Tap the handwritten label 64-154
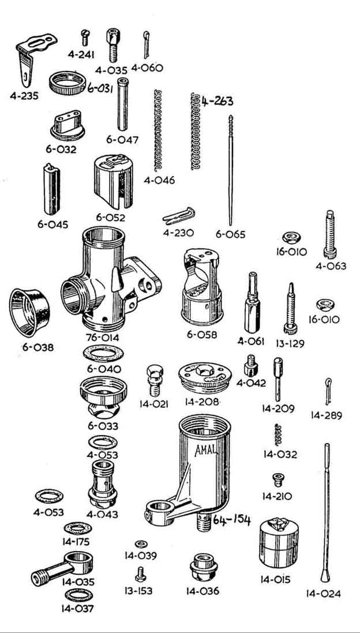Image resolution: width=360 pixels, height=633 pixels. (x=231, y=521)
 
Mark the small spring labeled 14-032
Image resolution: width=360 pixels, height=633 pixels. (x=278, y=435)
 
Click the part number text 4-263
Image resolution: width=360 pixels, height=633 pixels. (x=218, y=102)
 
